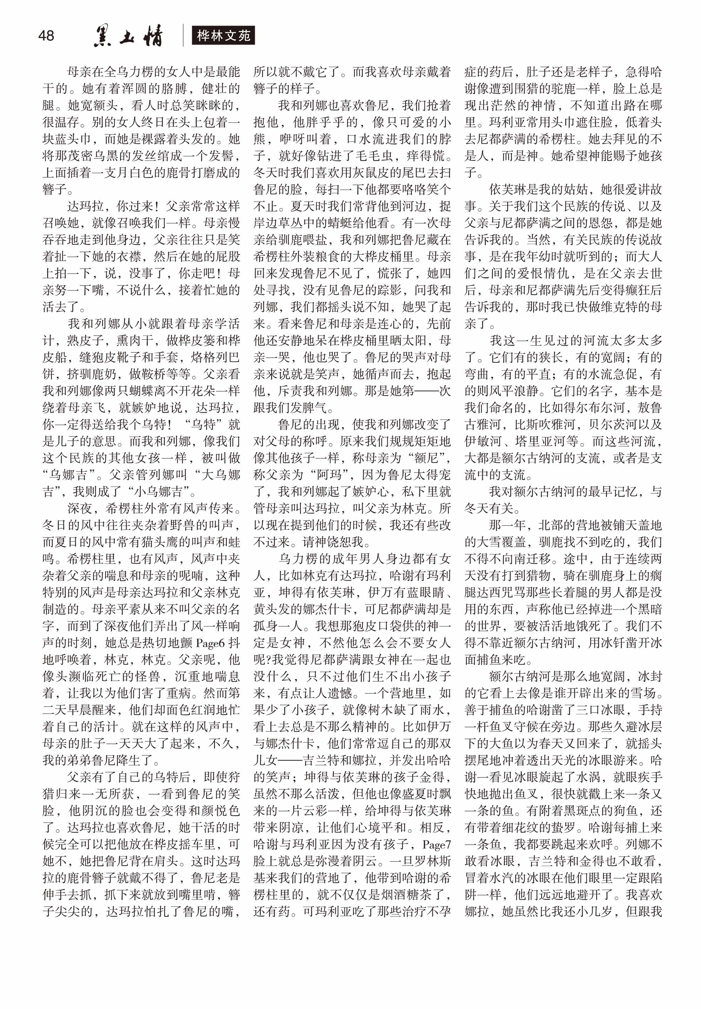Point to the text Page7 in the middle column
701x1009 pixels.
(437, 844)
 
